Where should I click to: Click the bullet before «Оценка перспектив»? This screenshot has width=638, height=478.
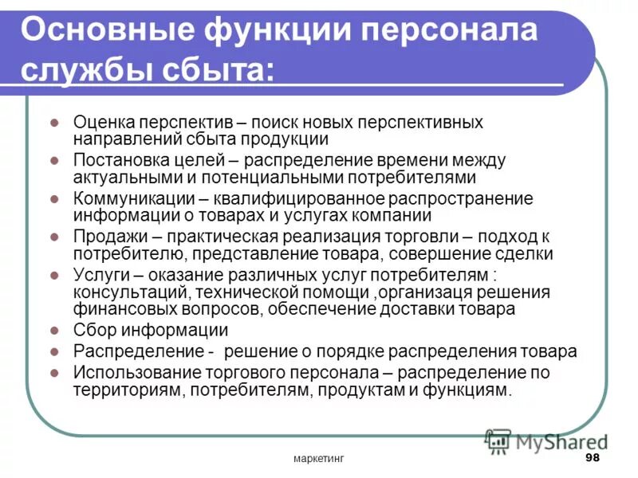53,123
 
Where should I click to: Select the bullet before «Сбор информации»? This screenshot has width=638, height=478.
53,330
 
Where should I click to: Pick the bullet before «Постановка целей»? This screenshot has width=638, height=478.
53,160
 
